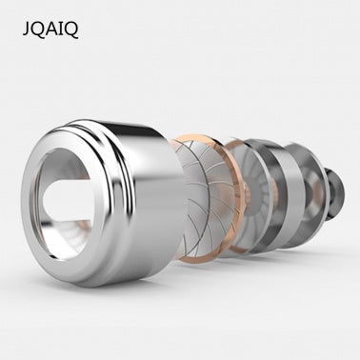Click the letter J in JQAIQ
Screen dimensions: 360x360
26,30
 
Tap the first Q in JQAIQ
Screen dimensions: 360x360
36,30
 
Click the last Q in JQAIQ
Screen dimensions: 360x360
70,30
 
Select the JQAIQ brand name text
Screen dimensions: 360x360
50,30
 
